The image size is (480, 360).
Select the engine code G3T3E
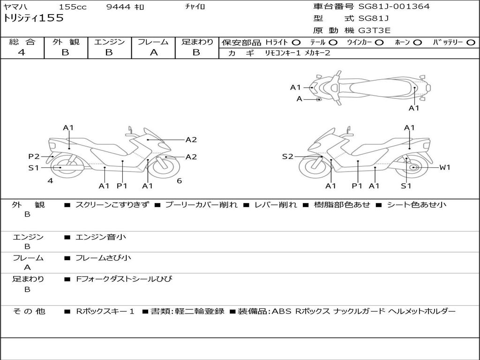(x=374, y=30)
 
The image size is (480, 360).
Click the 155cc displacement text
(x=73, y=7)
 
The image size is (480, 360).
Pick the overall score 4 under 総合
(x=22, y=52)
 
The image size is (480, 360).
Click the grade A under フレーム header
(x=153, y=52)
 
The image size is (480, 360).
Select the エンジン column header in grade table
(x=109, y=42)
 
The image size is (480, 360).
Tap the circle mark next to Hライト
(x=296, y=43)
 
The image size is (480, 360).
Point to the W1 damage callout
(x=444, y=167)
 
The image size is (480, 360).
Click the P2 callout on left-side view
(x=34, y=157)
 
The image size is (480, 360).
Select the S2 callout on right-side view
(x=287, y=157)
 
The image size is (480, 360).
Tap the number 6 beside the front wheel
(x=179, y=181)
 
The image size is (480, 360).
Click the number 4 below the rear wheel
(x=50, y=181)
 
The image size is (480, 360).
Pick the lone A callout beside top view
(x=300, y=99)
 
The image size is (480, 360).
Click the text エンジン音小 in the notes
(x=101, y=237)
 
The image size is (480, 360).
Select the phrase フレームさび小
(x=103, y=258)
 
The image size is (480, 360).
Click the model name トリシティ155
(x=33, y=18)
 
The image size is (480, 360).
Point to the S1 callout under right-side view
(x=406, y=186)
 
